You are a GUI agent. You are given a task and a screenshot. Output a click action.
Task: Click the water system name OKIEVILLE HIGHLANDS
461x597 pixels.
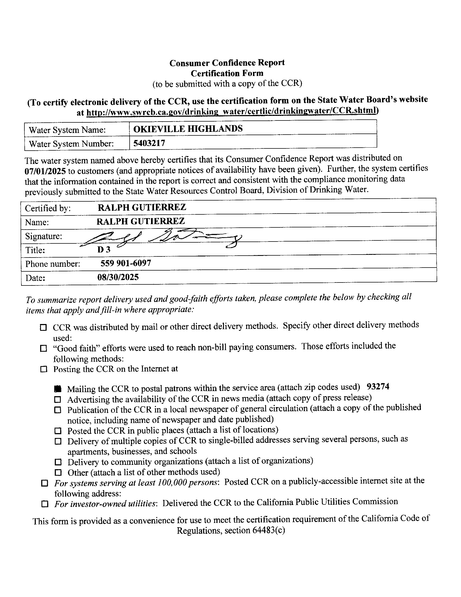coord(188,128)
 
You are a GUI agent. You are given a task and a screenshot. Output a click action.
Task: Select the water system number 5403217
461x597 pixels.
coord(149,143)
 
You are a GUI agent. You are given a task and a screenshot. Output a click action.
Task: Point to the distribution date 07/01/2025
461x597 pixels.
coord(45,172)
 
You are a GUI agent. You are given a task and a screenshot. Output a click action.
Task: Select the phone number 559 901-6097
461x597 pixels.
coord(126,263)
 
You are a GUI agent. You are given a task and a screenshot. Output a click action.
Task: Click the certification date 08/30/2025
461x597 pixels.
coord(118,277)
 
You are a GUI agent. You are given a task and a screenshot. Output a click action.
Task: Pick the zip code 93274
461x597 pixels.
coord(378,386)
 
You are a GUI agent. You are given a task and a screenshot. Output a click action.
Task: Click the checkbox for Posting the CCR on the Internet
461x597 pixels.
coord(44,370)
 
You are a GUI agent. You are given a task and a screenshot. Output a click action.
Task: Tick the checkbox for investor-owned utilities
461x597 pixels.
coord(44,504)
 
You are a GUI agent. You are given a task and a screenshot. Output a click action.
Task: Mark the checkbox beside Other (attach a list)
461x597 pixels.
coord(58,472)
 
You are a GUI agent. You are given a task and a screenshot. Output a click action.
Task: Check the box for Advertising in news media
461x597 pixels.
coord(57,400)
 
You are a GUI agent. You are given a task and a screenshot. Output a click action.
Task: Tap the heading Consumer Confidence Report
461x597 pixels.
coord(227,63)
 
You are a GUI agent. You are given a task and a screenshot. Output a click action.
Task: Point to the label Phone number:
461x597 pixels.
coord(53,264)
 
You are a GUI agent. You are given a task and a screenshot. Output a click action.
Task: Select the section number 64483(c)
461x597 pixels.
coord(269,530)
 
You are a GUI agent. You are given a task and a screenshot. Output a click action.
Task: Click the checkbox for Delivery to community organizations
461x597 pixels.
coord(58,462)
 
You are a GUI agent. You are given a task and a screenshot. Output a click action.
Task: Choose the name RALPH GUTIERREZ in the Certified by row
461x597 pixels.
coord(142,208)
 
